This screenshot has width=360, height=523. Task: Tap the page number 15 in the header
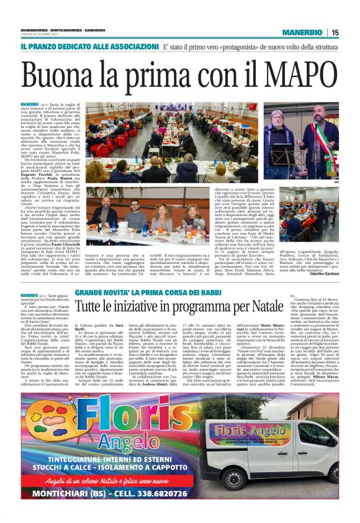pos(335,32)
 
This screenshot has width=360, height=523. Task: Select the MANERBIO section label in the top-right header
pos(302,32)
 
